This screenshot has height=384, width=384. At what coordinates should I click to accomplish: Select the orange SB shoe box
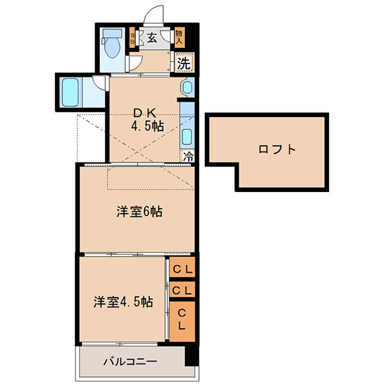(x=133, y=38)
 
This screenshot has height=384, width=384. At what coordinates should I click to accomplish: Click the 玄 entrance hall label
(x=152, y=38)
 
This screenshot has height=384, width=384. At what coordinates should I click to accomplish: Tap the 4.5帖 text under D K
(x=148, y=126)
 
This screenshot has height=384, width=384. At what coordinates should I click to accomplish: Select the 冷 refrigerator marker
(x=188, y=155)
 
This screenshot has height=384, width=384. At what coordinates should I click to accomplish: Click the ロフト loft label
(x=277, y=150)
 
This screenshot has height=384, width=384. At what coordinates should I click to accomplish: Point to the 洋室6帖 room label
(x=139, y=212)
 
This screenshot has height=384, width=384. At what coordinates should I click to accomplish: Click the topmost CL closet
(x=182, y=269)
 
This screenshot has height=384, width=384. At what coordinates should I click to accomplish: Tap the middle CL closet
(x=182, y=290)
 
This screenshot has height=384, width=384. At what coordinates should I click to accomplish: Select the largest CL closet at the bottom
(x=182, y=319)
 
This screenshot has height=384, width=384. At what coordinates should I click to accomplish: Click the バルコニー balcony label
(x=130, y=362)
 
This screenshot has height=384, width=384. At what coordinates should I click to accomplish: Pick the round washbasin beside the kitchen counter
(x=187, y=88)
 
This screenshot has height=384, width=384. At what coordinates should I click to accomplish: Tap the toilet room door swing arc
(x=135, y=63)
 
